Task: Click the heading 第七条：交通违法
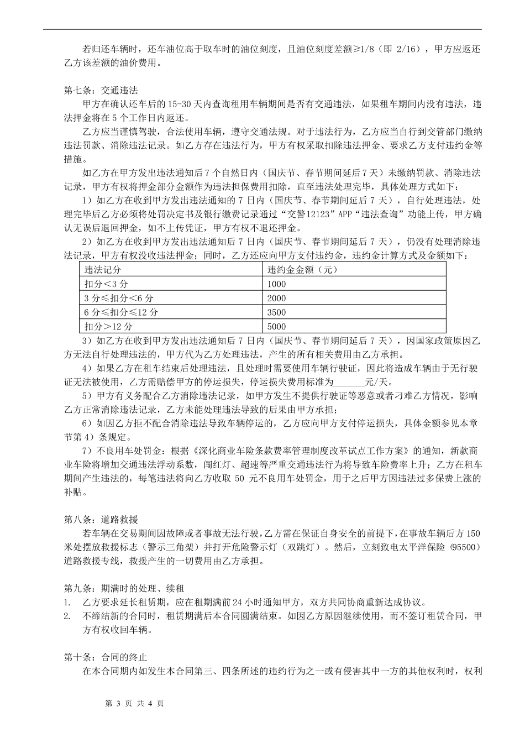point(101,90)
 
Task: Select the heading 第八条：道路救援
point(101,520)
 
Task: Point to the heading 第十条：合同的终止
point(106,657)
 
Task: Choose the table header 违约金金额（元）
point(303,270)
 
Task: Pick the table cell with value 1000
point(277,284)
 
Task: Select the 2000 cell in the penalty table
point(277,298)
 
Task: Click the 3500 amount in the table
point(277,312)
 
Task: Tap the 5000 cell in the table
point(277,326)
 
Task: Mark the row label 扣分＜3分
point(106,284)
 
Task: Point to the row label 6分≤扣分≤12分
point(121,312)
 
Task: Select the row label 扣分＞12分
point(108,326)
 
